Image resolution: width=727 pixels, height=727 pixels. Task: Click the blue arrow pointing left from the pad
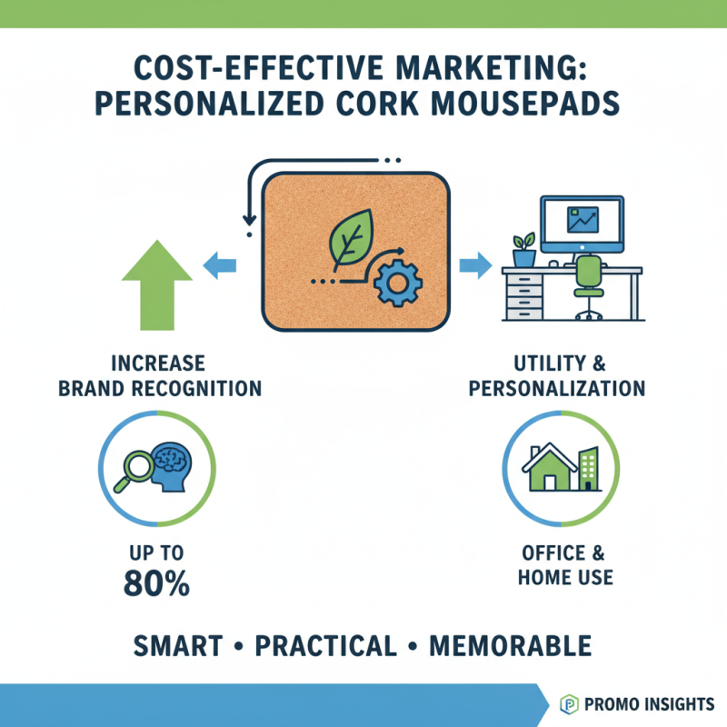(221, 265)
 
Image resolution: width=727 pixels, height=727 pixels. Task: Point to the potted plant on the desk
(523, 250)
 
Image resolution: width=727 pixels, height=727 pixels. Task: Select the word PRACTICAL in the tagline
(325, 646)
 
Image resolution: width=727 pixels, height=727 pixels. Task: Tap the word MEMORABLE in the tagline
(510, 646)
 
